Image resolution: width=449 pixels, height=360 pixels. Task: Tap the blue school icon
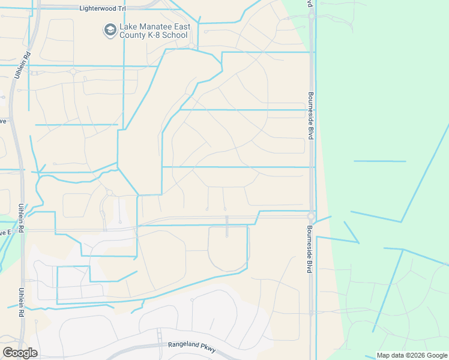tap(110, 31)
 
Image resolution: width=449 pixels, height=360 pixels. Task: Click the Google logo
tap(20, 353)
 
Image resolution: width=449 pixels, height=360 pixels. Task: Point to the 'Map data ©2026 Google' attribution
tap(412, 355)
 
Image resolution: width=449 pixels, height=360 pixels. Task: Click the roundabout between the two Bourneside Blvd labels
tap(311, 216)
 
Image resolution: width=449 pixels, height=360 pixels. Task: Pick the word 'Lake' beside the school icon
tap(128, 26)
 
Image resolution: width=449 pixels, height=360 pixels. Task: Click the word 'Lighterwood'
tap(99, 9)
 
